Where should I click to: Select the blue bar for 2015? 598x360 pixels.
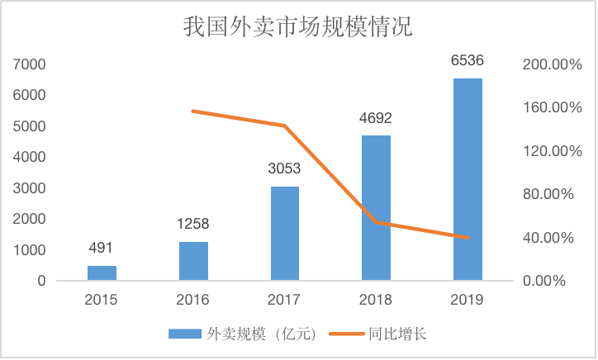(x=102, y=273)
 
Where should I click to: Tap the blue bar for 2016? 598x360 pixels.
(x=193, y=261)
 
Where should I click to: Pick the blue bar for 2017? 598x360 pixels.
(x=285, y=234)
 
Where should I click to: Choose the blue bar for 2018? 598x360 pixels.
(x=376, y=208)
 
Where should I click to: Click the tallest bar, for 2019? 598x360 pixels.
(x=467, y=179)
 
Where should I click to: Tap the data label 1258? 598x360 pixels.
(x=193, y=224)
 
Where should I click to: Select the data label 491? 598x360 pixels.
(x=102, y=248)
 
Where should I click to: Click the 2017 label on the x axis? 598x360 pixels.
(x=285, y=298)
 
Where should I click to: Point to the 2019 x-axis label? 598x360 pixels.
(x=467, y=298)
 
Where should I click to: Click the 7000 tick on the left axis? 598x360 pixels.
(x=30, y=64)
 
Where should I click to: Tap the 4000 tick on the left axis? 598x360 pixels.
(x=30, y=157)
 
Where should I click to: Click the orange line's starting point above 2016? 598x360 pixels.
(x=193, y=111)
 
